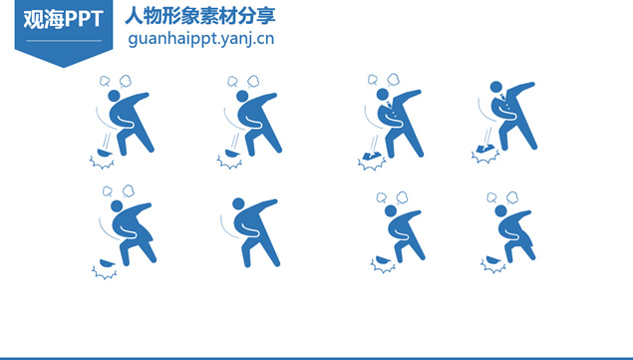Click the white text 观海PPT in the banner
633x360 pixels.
(63, 19)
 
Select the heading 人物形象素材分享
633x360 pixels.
(200, 16)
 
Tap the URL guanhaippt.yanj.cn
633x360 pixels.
(201, 39)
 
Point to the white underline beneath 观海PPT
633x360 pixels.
(64, 41)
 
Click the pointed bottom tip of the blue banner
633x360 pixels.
(64, 67)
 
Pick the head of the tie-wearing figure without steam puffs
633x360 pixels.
(496, 87)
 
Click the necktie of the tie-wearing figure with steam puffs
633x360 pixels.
(389, 105)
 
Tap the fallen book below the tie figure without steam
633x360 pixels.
(485, 149)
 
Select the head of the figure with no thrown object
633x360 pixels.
(238, 203)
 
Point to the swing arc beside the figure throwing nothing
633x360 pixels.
(227, 228)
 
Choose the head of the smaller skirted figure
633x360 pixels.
(500, 210)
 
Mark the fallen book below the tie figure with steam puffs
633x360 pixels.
(372, 156)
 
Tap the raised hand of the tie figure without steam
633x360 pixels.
(531, 85)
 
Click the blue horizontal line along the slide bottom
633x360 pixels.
(317, 358)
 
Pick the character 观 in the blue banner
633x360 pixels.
(33, 19)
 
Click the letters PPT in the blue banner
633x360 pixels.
(84, 19)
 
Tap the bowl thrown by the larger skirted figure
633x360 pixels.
(108, 263)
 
